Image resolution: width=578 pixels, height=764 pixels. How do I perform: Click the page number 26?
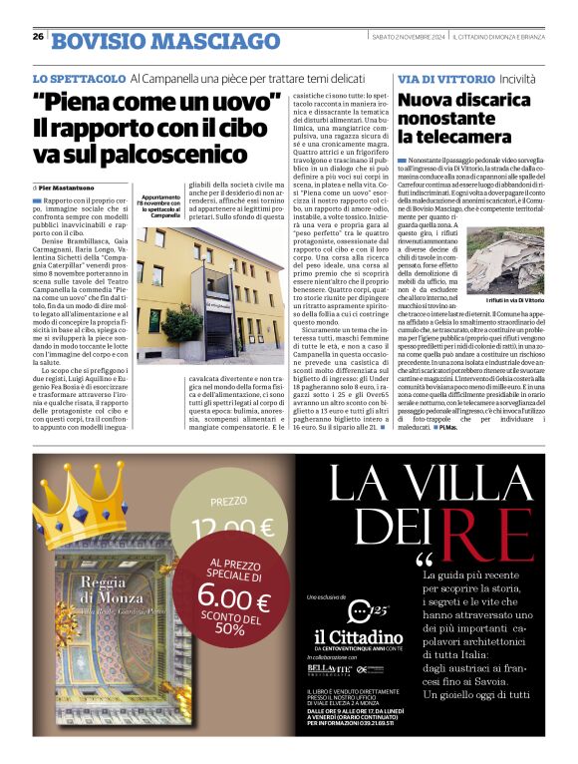coord(38,37)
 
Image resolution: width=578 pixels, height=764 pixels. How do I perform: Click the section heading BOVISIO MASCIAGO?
coord(165,41)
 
